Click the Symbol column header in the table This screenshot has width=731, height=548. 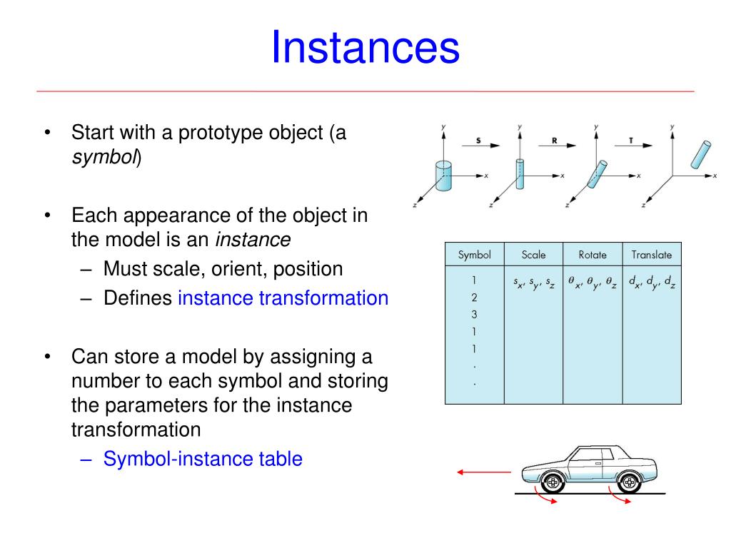coord(474,255)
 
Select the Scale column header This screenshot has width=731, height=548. coord(533,255)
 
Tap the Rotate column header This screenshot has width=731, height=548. coord(593,255)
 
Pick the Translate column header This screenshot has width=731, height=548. coord(651,255)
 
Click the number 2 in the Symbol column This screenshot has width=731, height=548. coord(474,298)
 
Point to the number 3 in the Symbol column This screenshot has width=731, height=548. coord(474,315)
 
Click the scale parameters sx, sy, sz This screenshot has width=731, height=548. coord(534,283)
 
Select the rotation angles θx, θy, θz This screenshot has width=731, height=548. coord(593,283)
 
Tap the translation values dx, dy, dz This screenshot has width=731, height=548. coord(652,283)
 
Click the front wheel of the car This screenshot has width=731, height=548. coord(552,483)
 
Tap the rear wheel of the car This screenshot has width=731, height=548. coord(629,483)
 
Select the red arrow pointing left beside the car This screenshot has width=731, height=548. coord(484,472)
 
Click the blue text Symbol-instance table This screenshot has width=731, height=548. coord(203,459)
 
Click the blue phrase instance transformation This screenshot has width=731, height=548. coord(283,298)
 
